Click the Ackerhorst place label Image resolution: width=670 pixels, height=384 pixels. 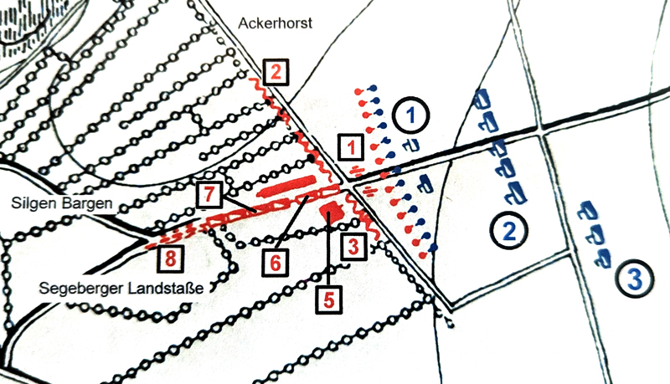click(x=276, y=23)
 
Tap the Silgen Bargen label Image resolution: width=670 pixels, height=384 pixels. click(x=62, y=203)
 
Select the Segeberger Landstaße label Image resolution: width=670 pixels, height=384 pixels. click(x=121, y=289)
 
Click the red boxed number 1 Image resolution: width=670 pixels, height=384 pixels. click(x=351, y=147)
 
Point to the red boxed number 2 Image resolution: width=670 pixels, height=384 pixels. click(x=276, y=72)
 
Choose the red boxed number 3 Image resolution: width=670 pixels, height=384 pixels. click(x=353, y=247)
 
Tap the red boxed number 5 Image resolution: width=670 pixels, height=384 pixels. click(x=328, y=300)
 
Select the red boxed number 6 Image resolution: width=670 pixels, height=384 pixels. click(x=276, y=263)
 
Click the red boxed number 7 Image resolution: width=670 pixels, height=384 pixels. click(x=209, y=195)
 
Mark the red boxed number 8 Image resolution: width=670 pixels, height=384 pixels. click(x=171, y=259)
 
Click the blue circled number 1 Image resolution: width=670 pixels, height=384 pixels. click(x=410, y=115)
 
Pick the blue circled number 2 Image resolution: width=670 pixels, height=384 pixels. click(x=508, y=230)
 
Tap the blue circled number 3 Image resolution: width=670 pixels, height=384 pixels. click(x=635, y=279)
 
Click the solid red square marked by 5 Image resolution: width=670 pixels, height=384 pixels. click(x=332, y=212)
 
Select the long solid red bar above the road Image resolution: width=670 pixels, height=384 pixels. click(x=286, y=186)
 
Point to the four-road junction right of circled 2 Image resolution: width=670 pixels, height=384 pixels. click(x=541, y=129)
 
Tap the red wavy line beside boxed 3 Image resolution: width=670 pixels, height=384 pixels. click(x=363, y=218)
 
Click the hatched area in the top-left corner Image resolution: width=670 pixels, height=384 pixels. click(x=22, y=22)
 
